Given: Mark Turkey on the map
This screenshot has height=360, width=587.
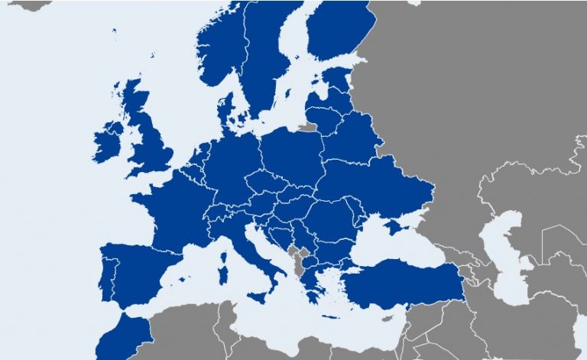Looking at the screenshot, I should (x=405, y=287).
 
